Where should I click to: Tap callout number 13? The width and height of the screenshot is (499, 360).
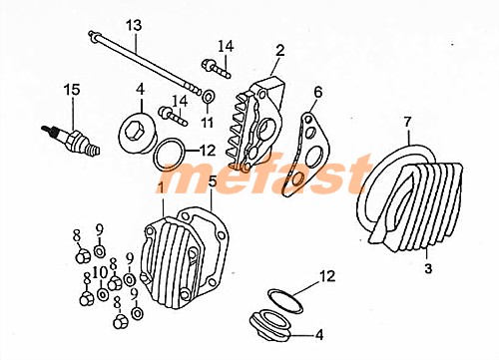pyautogui.click(x=134, y=24)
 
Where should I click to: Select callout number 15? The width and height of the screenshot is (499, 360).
pyautogui.click(x=71, y=90)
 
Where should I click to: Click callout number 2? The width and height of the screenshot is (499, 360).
pyautogui.click(x=280, y=49)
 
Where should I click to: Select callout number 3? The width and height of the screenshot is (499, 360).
pyautogui.click(x=427, y=269)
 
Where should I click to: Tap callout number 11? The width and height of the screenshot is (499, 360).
pyautogui.click(x=207, y=123)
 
